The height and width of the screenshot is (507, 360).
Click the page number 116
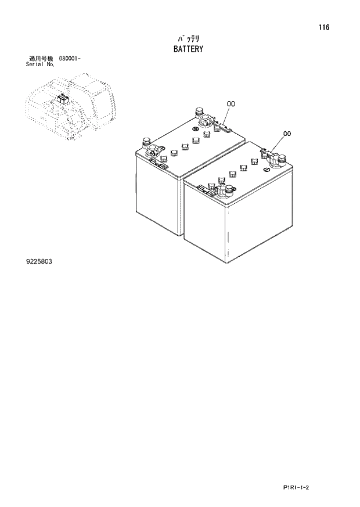pos(324,27)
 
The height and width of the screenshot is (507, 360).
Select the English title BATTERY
pos(188,49)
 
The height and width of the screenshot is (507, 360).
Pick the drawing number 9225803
pos(39,261)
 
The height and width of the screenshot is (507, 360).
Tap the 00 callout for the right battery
pos(287,134)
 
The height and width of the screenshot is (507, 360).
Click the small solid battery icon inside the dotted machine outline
pos(63,99)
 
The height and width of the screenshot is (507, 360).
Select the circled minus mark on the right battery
pos(267,170)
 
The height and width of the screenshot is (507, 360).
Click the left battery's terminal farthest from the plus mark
pos(199,110)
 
